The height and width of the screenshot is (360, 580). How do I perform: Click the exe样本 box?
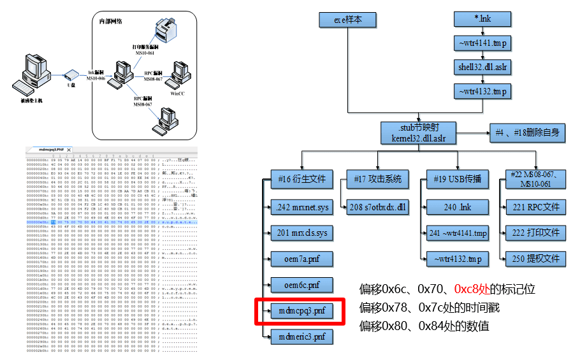click(x=347, y=20)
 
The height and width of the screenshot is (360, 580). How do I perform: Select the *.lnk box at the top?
click(x=482, y=19)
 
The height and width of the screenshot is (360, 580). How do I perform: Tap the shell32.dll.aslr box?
click(x=482, y=66)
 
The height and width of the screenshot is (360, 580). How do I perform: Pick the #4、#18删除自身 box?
click(x=527, y=132)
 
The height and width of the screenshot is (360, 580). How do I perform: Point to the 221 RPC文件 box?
click(x=535, y=206)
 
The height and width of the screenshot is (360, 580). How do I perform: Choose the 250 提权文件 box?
click(x=535, y=258)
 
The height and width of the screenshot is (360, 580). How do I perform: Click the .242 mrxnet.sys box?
click(x=302, y=206)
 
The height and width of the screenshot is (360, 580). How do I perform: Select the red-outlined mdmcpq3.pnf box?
click(x=302, y=312)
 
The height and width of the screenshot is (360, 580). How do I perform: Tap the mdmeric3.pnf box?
click(x=302, y=336)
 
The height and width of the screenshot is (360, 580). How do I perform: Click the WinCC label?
click(x=177, y=94)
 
